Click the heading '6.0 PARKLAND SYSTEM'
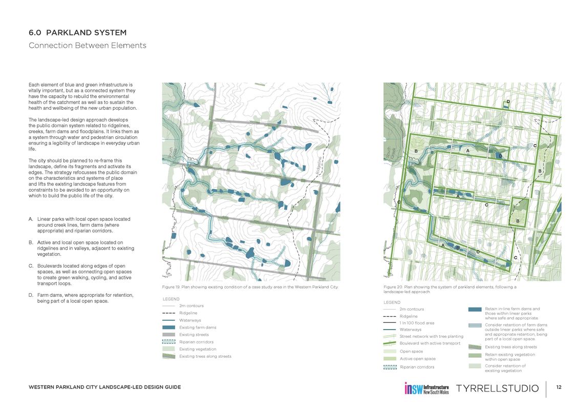point(77,33)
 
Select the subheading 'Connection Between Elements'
point(88,46)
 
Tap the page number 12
point(559,387)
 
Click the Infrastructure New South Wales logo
point(426,388)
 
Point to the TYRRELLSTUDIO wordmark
point(497,388)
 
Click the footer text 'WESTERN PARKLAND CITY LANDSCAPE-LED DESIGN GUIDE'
point(104,387)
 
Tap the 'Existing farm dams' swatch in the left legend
point(169,327)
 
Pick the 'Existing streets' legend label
point(194,335)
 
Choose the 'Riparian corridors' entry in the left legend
point(196,342)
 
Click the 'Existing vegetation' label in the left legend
point(198,349)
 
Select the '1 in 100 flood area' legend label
point(417,323)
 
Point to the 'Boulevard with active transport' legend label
point(430,343)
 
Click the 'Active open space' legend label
point(417,359)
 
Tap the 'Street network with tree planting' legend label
point(427,336)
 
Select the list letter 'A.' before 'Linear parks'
point(31,219)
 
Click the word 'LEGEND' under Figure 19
point(170,299)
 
